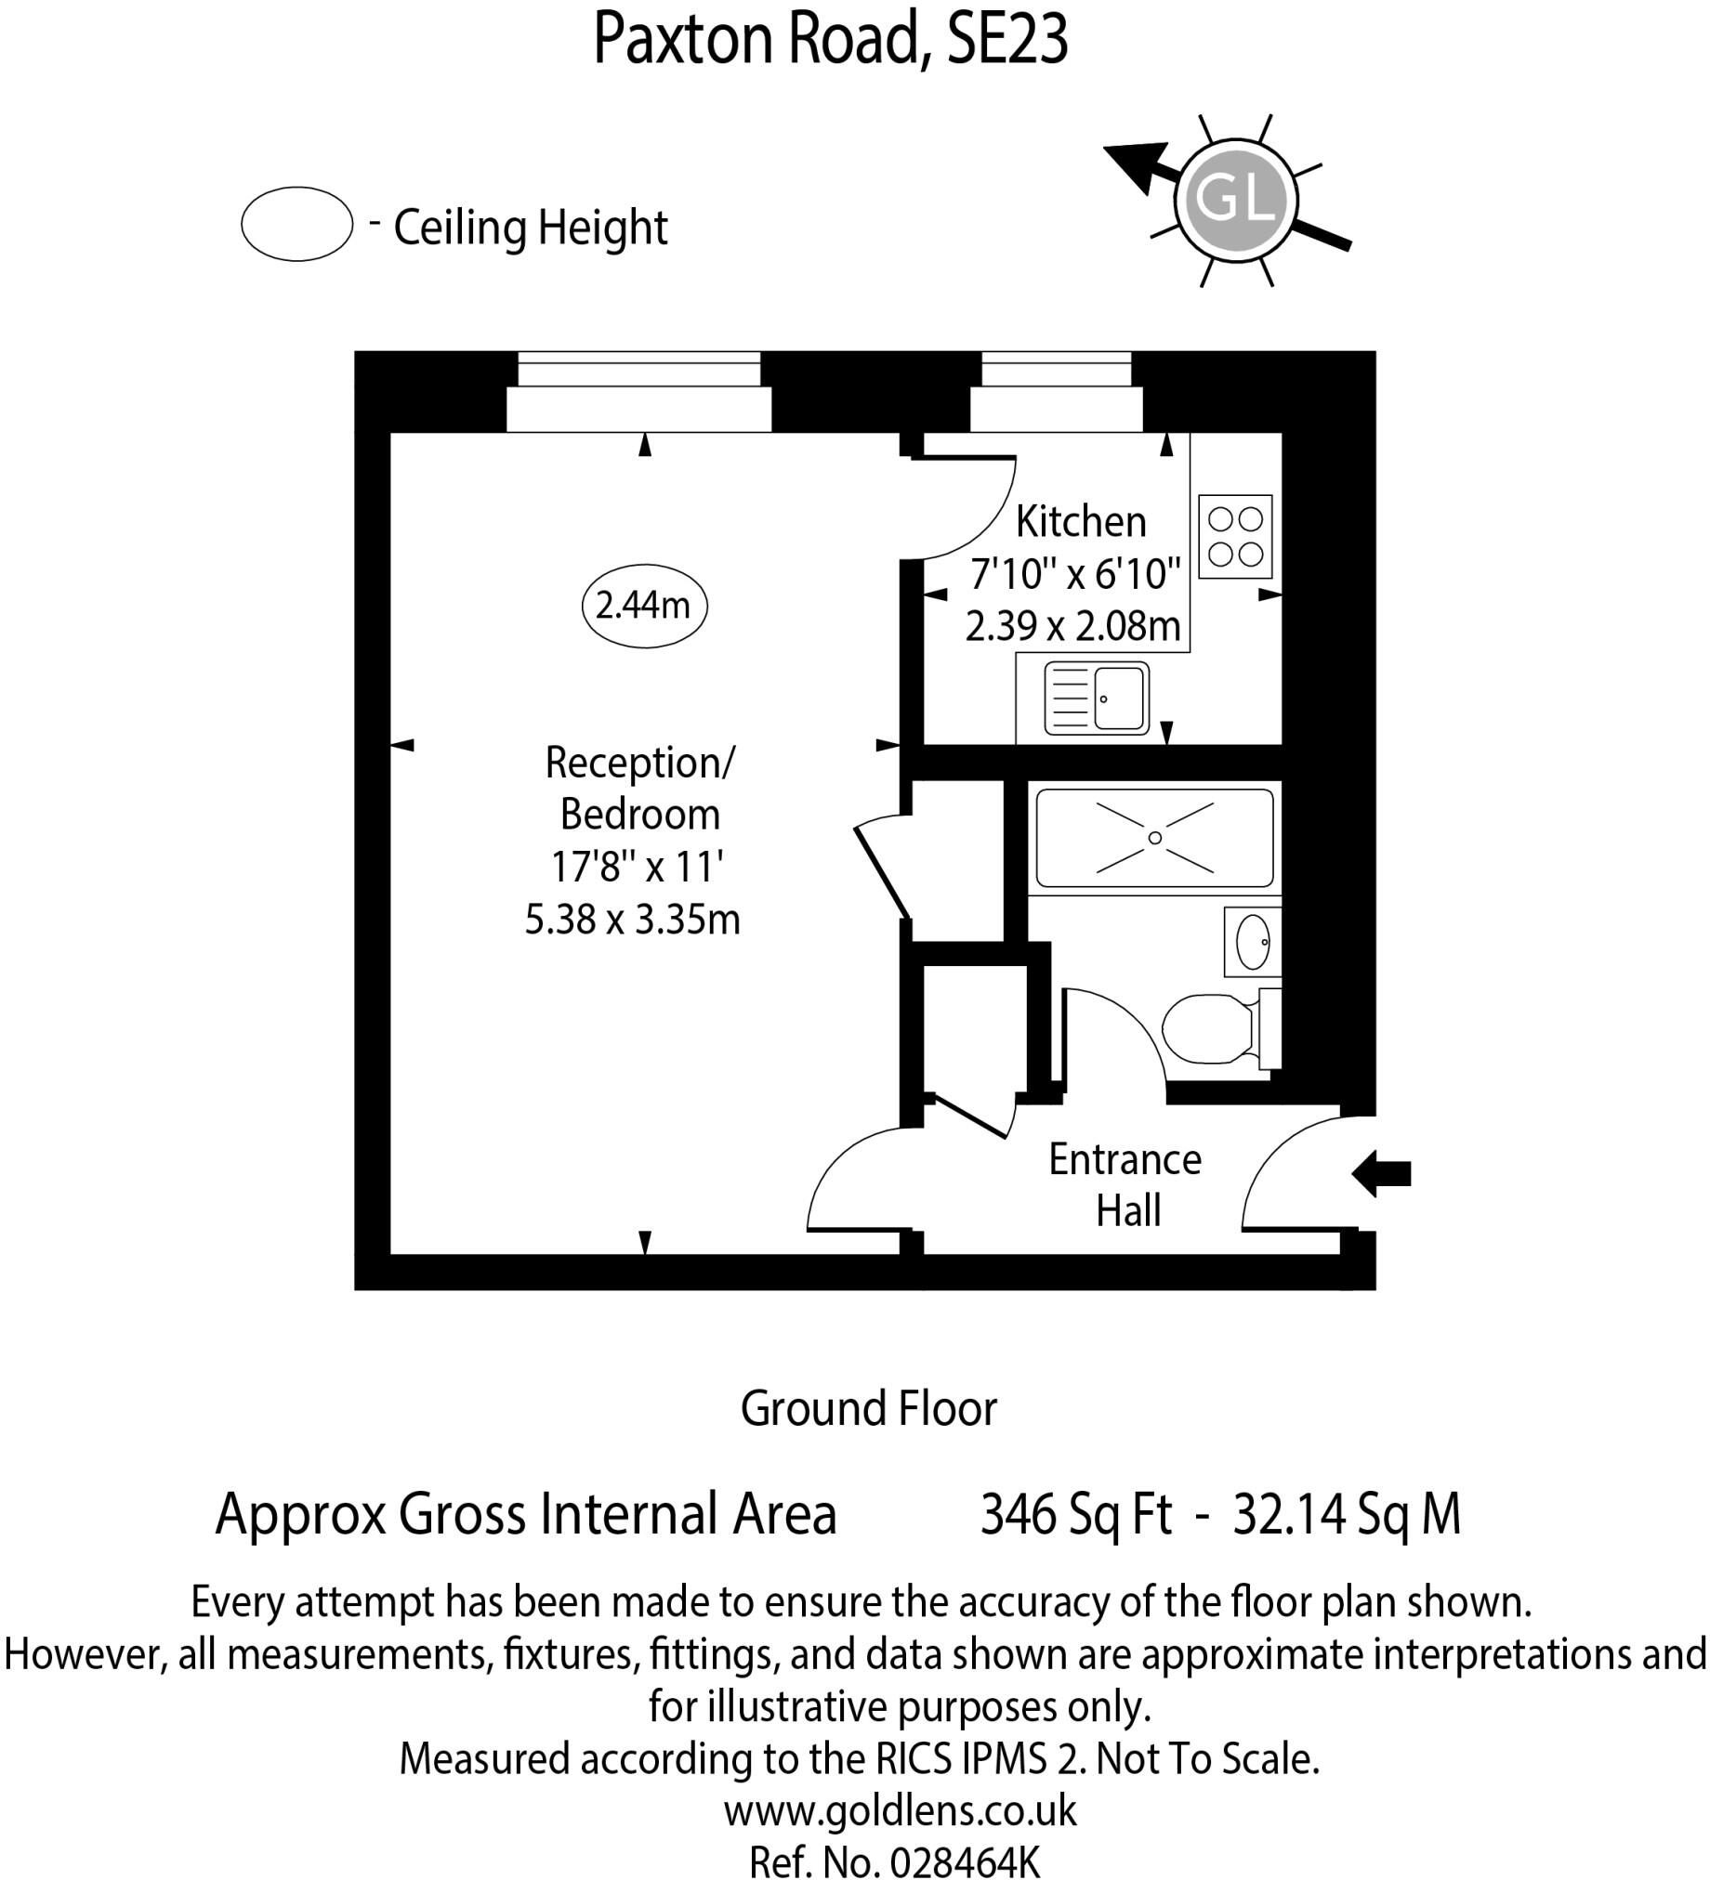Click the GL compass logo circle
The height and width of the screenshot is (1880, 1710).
tap(1235, 199)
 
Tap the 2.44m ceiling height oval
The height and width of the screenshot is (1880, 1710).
tap(643, 607)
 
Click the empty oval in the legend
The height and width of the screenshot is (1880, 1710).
tap(296, 225)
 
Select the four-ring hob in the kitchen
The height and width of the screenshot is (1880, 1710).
tap(1235, 536)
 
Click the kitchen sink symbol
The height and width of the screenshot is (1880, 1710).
tap(1096, 698)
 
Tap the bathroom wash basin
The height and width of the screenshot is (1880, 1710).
tap(1253, 942)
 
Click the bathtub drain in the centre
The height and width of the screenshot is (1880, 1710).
tap(1155, 838)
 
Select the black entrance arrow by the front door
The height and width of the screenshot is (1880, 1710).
tap(1382, 1173)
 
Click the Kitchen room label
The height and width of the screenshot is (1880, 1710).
tap(1080, 522)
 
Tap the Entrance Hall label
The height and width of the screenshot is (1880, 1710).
tap(1126, 1185)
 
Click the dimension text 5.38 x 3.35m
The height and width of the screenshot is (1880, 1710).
tap(633, 920)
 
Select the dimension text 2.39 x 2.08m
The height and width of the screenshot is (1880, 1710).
tap(1072, 626)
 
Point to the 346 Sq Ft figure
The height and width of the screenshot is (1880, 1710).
tap(1075, 1513)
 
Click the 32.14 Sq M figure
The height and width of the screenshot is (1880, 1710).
tap(1347, 1513)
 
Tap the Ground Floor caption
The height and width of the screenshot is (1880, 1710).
tap(869, 1408)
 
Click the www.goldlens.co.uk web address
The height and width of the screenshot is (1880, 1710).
tap(901, 1811)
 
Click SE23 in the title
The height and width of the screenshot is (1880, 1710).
tap(1007, 39)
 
